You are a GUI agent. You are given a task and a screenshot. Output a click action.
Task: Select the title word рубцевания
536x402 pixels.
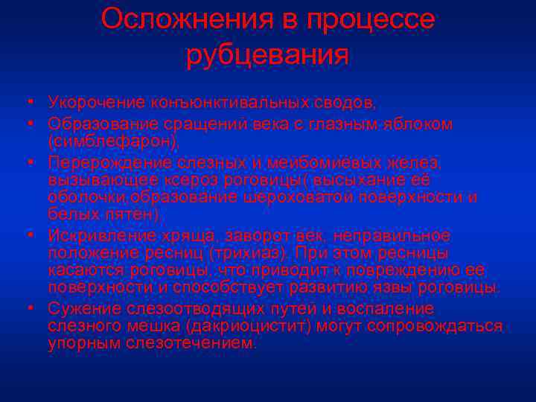pyautogui.click(x=267, y=55)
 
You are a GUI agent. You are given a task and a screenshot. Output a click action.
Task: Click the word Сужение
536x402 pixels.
pyautogui.click(x=79, y=308)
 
